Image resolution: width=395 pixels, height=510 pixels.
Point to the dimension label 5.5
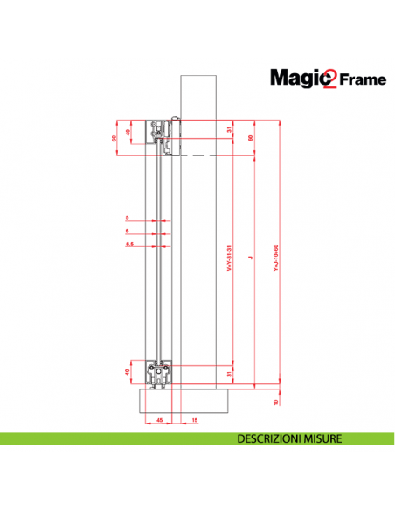coord(129,245)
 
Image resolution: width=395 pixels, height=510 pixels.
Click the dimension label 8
coord(128,231)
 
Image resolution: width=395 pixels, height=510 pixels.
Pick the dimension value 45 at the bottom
coord(160,421)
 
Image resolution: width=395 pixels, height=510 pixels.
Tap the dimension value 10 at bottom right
coord(276,402)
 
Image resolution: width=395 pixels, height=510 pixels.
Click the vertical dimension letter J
coord(249,258)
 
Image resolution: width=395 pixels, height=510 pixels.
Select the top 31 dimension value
coord(230,130)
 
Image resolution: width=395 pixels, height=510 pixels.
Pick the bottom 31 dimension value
coord(230,374)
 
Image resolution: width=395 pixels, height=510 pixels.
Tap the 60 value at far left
coord(114,137)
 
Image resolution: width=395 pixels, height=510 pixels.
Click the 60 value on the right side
coord(251,137)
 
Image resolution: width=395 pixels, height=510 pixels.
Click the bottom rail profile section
coord(161,376)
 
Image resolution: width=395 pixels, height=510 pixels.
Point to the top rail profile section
coord(162,131)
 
